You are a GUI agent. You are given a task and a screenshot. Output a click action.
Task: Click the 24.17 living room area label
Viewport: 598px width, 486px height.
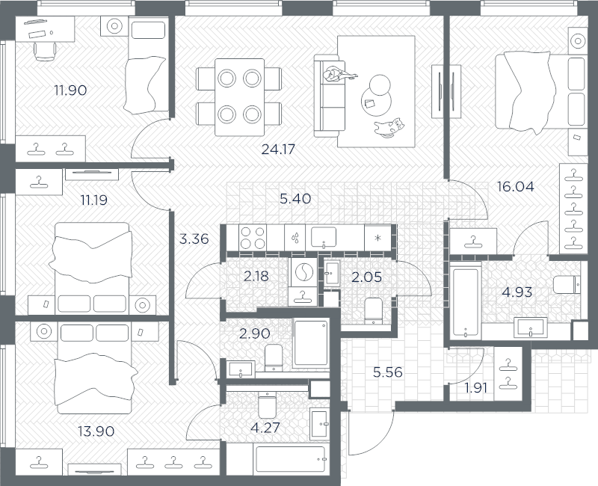(278, 149)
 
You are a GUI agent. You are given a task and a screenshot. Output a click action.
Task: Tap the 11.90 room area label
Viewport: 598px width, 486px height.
(70, 90)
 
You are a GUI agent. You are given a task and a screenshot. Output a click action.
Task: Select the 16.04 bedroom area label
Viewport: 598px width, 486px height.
(516, 186)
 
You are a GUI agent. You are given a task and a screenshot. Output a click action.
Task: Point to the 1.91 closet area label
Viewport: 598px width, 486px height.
(476, 388)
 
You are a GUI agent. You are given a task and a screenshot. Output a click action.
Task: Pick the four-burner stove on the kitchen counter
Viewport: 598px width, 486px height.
(253, 238)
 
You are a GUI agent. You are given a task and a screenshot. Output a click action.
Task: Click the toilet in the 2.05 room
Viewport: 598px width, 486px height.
(373, 310)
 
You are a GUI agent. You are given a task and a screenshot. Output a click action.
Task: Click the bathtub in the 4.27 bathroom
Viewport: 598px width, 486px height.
(291, 459)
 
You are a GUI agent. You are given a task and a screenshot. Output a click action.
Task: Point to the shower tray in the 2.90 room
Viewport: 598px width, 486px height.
(311, 344)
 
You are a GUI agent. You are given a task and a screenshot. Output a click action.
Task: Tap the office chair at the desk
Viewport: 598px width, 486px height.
(45, 51)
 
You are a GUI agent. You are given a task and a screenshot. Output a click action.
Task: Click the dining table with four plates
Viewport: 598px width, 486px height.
(239, 97)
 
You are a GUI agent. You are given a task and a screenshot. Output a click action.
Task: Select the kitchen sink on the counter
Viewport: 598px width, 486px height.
(324, 238)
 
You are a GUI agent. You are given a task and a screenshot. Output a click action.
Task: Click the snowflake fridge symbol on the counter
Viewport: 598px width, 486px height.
(377, 239)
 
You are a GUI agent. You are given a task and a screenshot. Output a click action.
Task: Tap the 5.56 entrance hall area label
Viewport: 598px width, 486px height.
(387, 372)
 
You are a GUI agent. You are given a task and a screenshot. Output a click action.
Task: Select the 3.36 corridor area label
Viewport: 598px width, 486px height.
(194, 239)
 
